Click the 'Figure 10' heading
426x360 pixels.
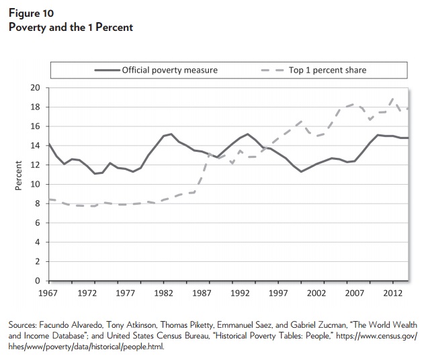pos(31,13)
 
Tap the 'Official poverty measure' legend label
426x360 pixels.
pos(170,71)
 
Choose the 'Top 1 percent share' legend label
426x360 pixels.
pos(328,71)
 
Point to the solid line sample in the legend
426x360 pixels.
pos(108,71)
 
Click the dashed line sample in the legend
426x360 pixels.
pos(273,71)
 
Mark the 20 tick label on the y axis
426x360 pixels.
pos(36,88)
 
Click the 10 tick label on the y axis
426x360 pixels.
pos(36,184)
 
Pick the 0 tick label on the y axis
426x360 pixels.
pos(38,281)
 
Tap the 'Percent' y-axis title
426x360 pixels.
pos(18,175)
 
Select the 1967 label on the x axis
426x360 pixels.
pos(48,294)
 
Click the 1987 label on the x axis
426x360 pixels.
pos(202,294)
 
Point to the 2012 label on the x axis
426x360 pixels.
pos(392,294)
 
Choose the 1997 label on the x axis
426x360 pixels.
pos(278,294)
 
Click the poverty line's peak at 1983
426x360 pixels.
pos(171,134)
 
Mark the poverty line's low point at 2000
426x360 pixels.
pos(301,171)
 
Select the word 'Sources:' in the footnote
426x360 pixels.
pos(23,325)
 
